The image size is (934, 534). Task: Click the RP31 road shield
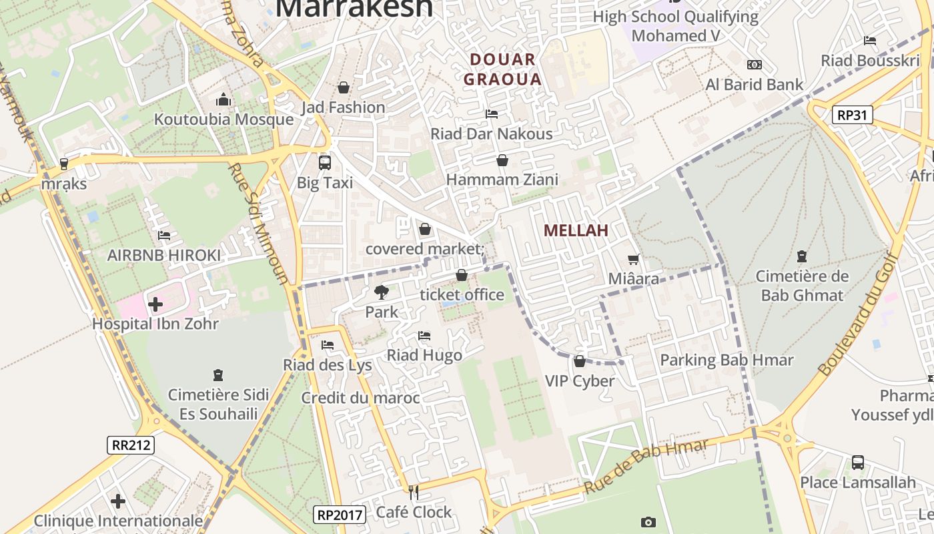pyautogui.click(x=853, y=115)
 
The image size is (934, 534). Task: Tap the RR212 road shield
pyautogui.click(x=131, y=445)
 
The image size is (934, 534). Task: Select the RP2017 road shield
pyautogui.click(x=340, y=514)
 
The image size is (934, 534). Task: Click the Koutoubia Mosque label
pyautogui.click(x=223, y=119)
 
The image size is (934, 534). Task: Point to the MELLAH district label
pyautogui.click(x=576, y=230)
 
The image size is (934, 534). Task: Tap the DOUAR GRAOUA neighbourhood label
pyautogui.click(x=502, y=69)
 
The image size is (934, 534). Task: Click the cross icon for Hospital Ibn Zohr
pyautogui.click(x=155, y=304)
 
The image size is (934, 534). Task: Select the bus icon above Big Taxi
pyautogui.click(x=325, y=162)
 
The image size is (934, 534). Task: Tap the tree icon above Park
pyautogui.click(x=382, y=292)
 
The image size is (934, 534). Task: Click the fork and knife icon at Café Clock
pyautogui.click(x=414, y=493)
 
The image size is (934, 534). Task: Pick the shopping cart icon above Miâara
pyautogui.click(x=633, y=259)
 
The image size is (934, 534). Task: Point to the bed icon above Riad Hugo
pyautogui.click(x=424, y=335)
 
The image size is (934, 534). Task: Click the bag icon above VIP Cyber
pyautogui.click(x=579, y=361)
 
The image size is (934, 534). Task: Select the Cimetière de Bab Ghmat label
pyautogui.click(x=802, y=286)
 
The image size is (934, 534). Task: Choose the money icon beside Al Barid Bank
pyautogui.click(x=755, y=65)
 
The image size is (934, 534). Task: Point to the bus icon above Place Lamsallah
pyautogui.click(x=858, y=462)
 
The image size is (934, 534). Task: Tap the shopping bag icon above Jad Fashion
pyautogui.click(x=344, y=87)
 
